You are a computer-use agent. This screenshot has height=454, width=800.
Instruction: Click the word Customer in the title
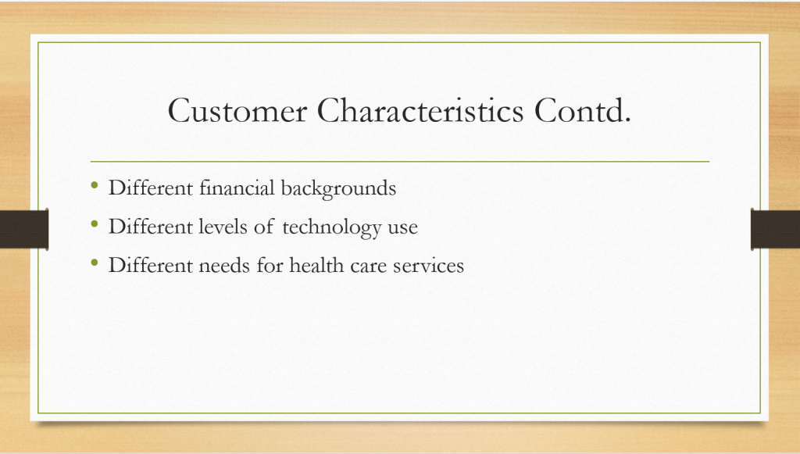237,111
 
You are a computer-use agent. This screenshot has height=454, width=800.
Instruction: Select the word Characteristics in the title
420,111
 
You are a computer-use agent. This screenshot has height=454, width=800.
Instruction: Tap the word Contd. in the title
583,111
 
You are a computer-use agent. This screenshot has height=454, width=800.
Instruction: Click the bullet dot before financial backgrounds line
95,185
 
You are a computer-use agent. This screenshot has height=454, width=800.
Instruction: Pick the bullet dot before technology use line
95,223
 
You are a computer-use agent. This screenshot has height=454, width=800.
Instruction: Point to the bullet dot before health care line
95,263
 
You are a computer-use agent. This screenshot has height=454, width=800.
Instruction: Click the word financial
237,188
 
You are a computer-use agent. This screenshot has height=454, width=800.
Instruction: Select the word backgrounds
339,189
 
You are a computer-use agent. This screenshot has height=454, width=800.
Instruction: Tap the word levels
223,227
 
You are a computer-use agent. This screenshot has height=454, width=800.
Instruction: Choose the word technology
331,227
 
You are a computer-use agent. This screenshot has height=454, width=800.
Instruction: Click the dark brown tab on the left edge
24,229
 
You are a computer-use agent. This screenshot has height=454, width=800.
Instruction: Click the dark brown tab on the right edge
775,229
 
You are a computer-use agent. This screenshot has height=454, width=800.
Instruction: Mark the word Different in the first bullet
151,188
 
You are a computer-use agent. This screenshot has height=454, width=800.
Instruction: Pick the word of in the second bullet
264,227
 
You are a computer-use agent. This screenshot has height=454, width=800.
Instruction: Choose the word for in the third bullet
270,265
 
